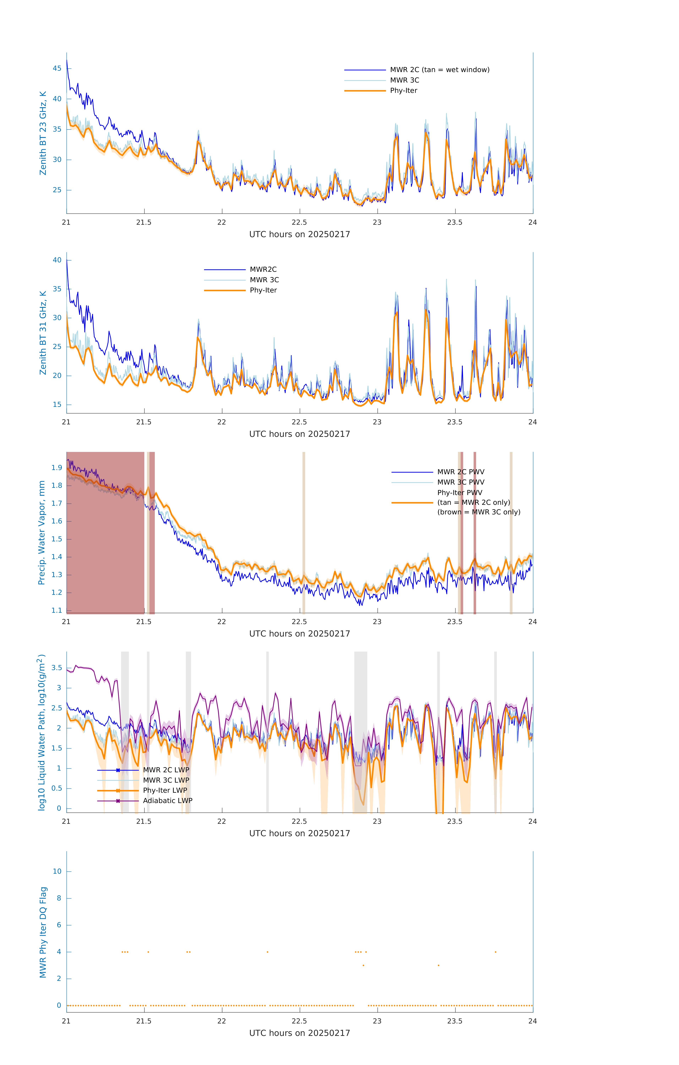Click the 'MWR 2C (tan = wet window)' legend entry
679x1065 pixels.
pos(439,70)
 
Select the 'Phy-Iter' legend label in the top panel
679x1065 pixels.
pos(403,91)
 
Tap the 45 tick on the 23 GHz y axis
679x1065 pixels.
pos(57,69)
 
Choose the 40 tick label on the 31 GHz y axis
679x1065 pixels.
pos(57,260)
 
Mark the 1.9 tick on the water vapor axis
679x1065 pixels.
pos(57,468)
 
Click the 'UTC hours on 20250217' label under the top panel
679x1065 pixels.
pos(299,234)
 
